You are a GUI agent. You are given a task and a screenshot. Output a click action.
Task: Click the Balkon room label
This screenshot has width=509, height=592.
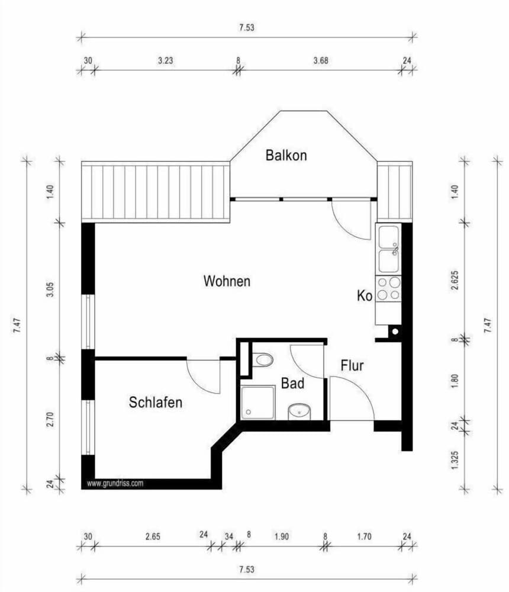[x=286, y=155]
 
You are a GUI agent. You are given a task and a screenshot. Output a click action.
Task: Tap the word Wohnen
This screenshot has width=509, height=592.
[x=227, y=281]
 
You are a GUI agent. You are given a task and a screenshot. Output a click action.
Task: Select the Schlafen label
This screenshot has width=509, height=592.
[x=156, y=403]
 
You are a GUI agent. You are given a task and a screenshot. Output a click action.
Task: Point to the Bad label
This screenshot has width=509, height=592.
[x=292, y=384]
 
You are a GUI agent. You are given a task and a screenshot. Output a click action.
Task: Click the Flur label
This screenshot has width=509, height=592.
[x=352, y=365]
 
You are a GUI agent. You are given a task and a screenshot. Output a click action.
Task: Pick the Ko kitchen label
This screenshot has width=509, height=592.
[x=365, y=295]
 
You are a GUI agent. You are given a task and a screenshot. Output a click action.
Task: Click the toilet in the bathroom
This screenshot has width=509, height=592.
[x=263, y=359]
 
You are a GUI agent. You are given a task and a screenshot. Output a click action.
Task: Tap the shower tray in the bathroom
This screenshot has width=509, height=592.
[x=258, y=403]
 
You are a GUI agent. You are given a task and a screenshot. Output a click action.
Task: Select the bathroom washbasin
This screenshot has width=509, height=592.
[x=299, y=411]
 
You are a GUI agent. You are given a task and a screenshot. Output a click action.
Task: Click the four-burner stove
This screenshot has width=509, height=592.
[x=388, y=288]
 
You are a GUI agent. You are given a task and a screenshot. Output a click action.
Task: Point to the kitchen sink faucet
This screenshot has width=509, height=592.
[x=395, y=249]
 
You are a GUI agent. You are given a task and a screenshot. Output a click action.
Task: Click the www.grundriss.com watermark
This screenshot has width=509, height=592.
[x=115, y=483]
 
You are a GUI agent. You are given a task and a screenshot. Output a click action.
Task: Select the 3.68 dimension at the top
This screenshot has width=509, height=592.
[x=321, y=60]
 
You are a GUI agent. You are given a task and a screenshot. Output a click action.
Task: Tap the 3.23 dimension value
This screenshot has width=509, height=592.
[x=165, y=60]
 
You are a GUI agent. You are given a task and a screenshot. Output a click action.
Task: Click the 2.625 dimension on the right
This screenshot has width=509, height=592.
[x=455, y=280]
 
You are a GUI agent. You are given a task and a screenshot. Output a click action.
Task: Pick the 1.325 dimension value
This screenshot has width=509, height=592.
[x=455, y=460]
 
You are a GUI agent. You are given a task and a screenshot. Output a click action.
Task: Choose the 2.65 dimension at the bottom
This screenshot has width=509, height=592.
[x=153, y=536]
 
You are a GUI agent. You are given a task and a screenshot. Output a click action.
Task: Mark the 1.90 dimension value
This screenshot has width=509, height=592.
[x=282, y=536]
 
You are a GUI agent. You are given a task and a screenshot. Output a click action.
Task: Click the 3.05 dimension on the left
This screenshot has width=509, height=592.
[x=50, y=289]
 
